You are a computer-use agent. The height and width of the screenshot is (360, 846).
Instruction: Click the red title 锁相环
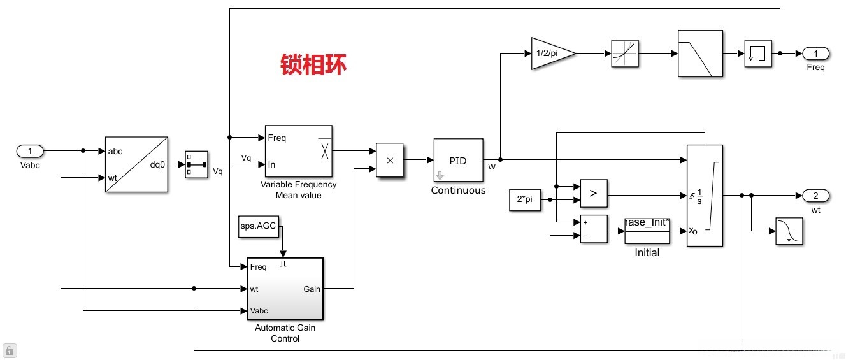coord(314,65)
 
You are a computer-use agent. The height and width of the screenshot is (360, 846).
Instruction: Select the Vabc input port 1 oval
coord(29,151)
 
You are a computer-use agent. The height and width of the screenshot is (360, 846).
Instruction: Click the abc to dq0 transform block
coord(136,164)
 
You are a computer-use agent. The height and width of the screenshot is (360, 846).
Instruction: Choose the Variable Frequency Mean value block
coord(298,151)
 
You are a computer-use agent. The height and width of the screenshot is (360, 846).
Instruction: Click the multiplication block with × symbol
coord(390,160)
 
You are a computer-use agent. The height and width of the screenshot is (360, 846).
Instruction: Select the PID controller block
coord(458,161)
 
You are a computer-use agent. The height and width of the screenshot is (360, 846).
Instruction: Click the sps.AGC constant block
coord(259,226)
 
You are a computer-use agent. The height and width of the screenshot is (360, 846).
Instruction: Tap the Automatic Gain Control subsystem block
coord(285,289)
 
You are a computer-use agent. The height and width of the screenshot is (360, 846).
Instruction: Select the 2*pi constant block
coord(525,199)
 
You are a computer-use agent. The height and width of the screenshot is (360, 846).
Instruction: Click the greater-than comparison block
coord(593,194)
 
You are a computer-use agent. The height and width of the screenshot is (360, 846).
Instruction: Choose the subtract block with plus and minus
coord(593,229)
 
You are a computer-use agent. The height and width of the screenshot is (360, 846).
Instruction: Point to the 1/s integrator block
coord(705,195)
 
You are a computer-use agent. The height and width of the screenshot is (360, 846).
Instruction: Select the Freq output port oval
coord(815,54)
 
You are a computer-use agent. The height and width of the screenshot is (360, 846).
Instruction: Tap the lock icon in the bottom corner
coord(10,350)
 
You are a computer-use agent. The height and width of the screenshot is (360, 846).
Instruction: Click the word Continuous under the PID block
coord(458,190)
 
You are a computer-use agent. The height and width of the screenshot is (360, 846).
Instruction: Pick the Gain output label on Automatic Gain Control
coord(312,289)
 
